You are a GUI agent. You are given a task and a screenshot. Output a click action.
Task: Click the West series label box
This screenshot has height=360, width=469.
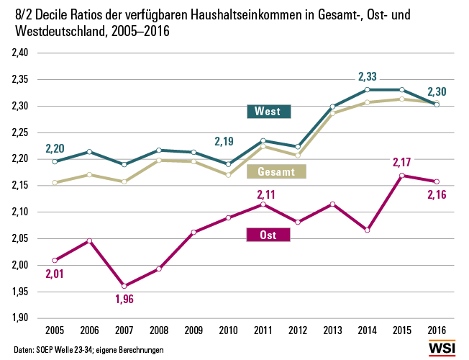tap(268, 112)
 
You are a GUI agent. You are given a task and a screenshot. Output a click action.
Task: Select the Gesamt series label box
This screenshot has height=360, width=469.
tap(276, 171)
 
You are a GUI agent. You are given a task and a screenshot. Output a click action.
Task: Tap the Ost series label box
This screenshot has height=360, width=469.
tap(268, 235)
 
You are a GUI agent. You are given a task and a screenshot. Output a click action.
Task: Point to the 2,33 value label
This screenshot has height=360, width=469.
tap(368, 76)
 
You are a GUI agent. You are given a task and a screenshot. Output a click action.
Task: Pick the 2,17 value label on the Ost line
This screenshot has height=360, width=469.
tap(402, 161)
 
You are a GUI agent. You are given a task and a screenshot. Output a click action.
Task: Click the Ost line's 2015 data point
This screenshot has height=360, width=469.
tap(402, 175)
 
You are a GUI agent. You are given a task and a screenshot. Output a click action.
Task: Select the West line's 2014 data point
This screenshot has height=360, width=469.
tap(368, 90)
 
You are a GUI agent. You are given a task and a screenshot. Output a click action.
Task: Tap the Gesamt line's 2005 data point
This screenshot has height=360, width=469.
tap(55, 183)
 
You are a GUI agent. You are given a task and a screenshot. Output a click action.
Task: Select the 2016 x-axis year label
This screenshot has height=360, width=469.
tap(437, 330)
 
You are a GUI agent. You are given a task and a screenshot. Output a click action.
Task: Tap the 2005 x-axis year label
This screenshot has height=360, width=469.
tap(55, 330)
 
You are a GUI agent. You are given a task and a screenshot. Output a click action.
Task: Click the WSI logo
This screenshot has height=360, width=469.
tap(442, 347)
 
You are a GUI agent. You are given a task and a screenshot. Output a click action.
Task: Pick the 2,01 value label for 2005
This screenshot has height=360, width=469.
tap(55, 273)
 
